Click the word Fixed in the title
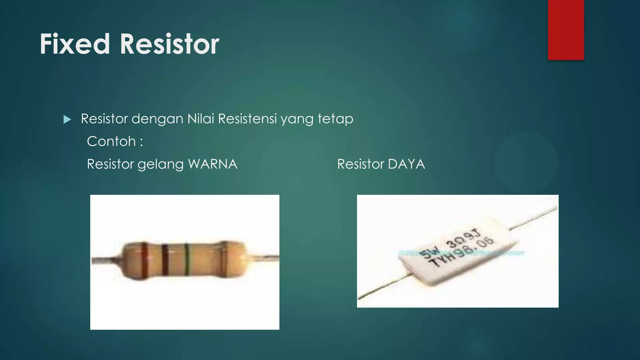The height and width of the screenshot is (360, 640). click(75, 44)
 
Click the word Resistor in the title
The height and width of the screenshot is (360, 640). click(169, 44)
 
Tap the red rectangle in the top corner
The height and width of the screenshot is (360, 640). click(566, 30)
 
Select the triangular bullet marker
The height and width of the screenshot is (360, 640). click(67, 119)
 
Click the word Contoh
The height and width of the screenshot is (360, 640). click(111, 141)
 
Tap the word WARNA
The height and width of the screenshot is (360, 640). click(213, 164)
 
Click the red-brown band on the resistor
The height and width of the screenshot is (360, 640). click(144, 260)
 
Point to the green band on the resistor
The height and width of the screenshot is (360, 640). click(187, 260)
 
